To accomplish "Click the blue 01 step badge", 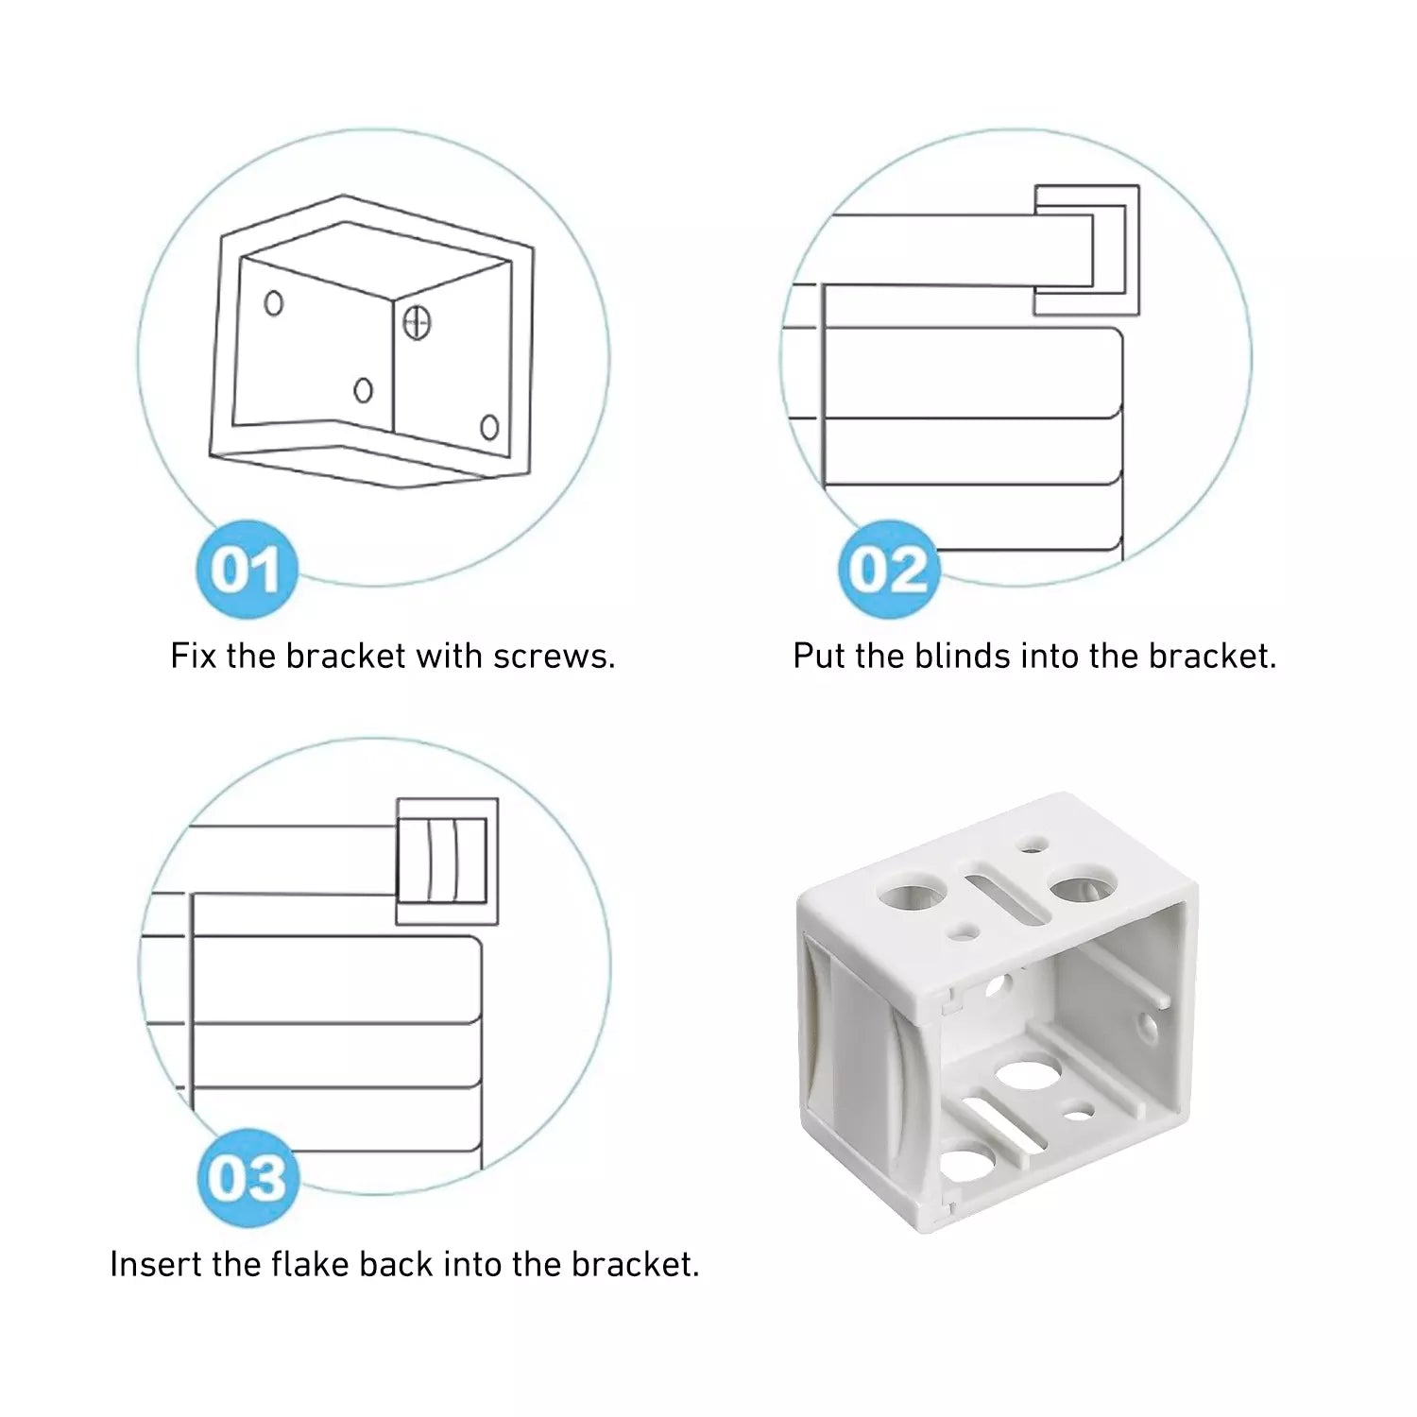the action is point(247,570).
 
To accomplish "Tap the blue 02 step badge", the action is point(888,570).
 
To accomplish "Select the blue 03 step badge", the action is point(247,1178).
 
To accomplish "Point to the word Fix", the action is point(194,656).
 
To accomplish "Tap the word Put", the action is point(819,656).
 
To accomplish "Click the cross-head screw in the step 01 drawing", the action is point(417,323).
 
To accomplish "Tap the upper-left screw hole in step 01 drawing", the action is point(274,303).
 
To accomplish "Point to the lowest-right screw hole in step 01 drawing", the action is point(489,427).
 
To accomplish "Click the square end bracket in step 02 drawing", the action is point(1086,250).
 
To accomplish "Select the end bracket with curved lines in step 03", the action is point(447,862).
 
